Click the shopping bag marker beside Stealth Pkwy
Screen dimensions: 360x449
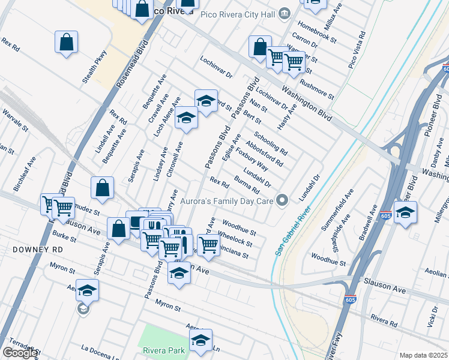click(x=67, y=42)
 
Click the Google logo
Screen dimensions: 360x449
click(x=20, y=353)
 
